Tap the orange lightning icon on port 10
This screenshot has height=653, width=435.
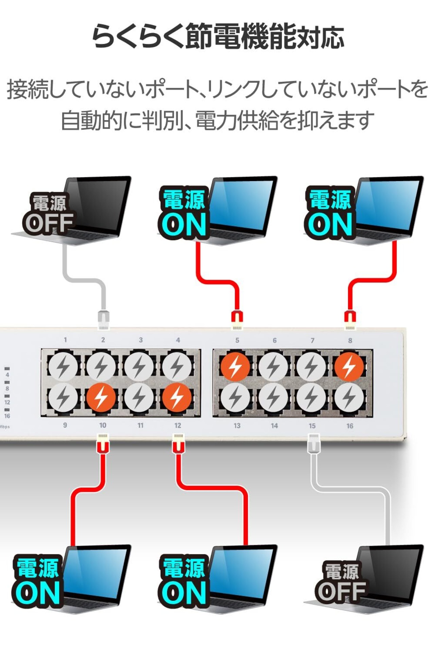101,398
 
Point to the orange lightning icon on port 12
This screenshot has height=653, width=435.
176,398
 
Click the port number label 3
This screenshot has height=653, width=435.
141,340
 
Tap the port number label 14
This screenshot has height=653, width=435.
274,425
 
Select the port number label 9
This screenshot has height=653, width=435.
65,425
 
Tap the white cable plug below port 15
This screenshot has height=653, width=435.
314,443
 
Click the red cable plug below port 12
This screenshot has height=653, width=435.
178,443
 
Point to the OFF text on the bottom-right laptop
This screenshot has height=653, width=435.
341,591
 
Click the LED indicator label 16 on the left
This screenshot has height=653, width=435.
7,416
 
